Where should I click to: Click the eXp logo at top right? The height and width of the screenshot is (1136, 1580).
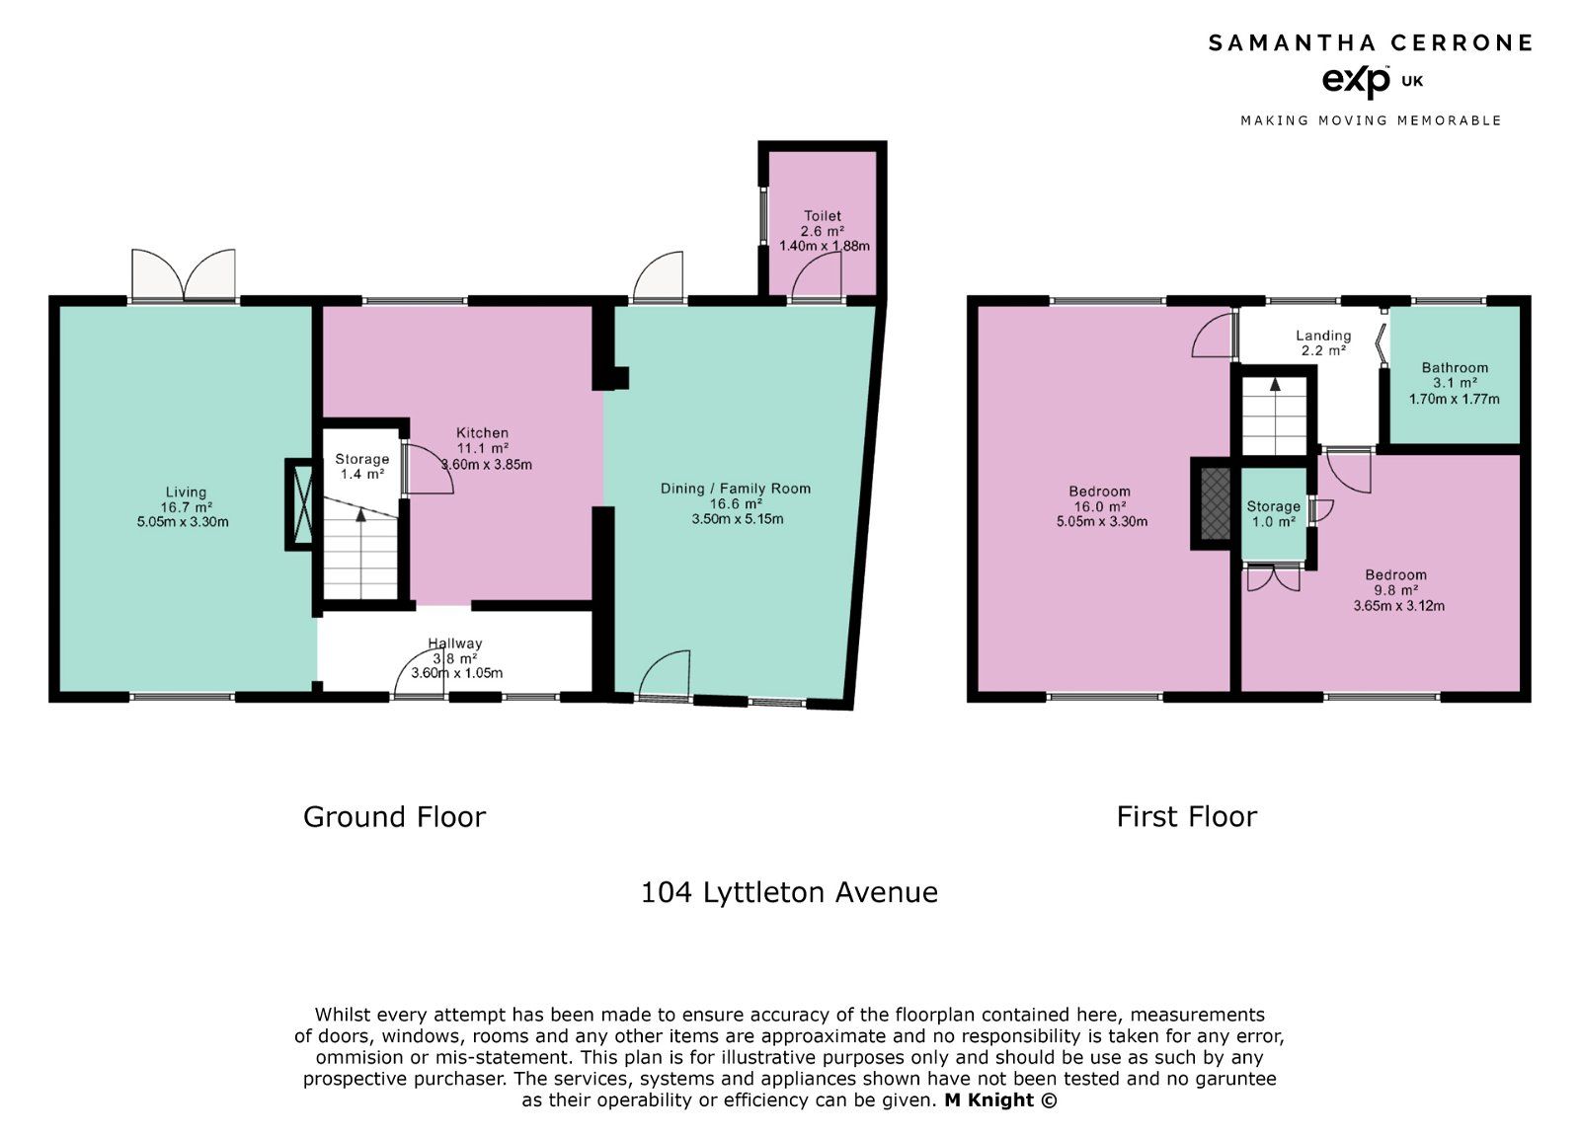click(1357, 81)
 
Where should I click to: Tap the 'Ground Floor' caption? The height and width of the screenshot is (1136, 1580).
click(394, 817)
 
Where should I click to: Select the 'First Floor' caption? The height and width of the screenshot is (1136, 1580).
click(1186, 817)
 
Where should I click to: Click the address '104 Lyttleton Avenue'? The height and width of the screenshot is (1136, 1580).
click(789, 892)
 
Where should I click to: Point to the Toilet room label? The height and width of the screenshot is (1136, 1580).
click(823, 216)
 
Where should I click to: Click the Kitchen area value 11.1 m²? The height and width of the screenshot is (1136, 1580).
click(482, 448)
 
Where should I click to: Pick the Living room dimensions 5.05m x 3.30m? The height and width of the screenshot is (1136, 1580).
click(183, 522)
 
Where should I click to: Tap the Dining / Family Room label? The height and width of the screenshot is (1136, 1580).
click(736, 489)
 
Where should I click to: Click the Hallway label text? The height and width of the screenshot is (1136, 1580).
click(455, 644)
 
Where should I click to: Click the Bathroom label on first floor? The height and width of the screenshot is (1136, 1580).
click(1455, 368)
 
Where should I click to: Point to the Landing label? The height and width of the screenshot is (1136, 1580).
click(1323, 336)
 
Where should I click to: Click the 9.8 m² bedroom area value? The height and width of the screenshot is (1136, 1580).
click(1396, 590)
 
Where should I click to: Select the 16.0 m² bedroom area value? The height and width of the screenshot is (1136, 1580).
click(1099, 506)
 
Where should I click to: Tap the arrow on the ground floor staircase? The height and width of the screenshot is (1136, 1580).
click(360, 514)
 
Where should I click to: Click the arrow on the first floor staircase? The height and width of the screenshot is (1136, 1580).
click(1275, 386)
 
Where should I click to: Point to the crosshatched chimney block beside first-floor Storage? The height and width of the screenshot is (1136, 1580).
click(1215, 502)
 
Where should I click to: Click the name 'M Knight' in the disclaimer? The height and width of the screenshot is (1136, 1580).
click(989, 1100)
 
